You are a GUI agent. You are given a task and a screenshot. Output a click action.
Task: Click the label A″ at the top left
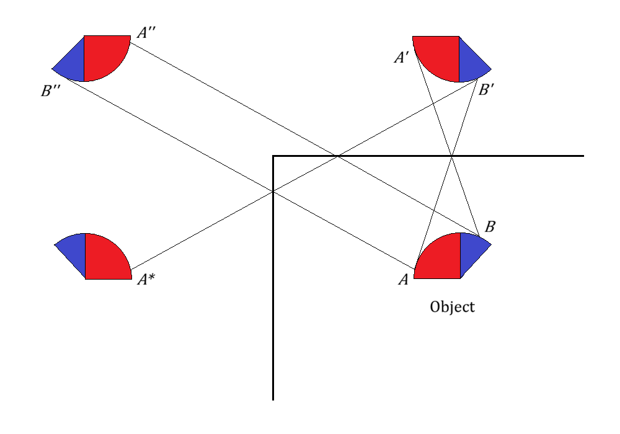(x=146, y=32)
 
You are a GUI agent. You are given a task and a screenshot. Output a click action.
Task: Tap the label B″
(x=51, y=91)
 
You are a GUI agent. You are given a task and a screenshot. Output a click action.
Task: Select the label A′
(x=401, y=58)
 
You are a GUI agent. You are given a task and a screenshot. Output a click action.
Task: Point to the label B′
(x=486, y=90)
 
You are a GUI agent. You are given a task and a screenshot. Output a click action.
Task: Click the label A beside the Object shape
(x=404, y=280)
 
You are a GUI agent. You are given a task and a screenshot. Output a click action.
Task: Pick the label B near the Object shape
(x=490, y=226)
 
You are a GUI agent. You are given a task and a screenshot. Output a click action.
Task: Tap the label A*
(x=146, y=279)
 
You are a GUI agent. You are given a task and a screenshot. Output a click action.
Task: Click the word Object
(x=453, y=307)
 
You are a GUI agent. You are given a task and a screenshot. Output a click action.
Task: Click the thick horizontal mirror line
(x=428, y=156)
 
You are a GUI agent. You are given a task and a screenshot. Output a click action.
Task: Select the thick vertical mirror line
(x=273, y=278)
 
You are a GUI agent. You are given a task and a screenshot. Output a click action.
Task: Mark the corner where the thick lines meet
(x=273, y=156)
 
